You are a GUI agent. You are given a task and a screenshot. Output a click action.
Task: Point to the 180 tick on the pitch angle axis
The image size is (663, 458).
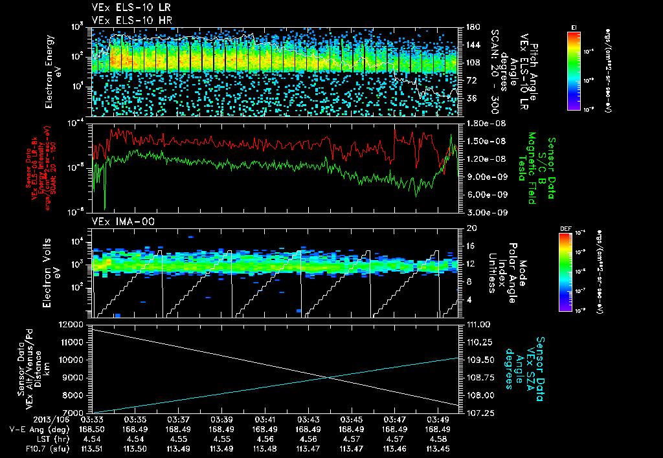[471, 27]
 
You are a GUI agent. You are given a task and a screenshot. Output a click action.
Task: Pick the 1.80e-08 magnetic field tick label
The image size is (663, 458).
[482, 123]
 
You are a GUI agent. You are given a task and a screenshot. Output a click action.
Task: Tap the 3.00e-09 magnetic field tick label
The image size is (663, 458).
[482, 212]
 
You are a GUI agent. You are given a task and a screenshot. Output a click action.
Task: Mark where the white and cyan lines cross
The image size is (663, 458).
[329, 377]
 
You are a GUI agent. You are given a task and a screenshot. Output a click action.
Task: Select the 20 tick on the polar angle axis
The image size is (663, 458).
[471, 228]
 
